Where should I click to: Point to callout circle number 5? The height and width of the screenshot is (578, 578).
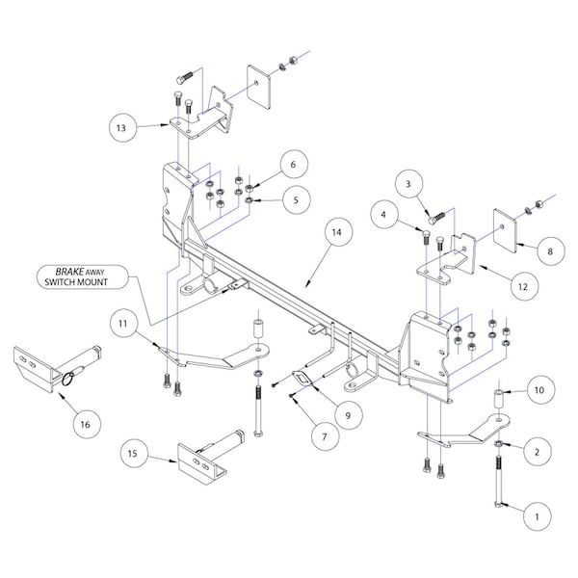pos(296,199)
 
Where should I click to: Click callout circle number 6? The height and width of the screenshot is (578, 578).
pos(296,165)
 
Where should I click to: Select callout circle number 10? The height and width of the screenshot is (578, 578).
pos(539,391)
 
